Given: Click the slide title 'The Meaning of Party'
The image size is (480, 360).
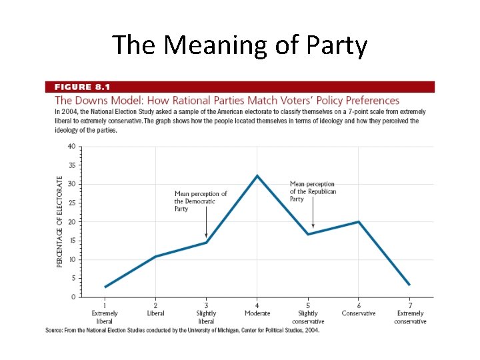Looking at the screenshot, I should pos(240,45).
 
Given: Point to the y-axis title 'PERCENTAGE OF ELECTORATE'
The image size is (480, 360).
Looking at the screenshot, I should pos(60,222).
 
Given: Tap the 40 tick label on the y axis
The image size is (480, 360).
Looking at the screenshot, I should pos(71,146).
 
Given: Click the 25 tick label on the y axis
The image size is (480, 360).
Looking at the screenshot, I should pos(71,203).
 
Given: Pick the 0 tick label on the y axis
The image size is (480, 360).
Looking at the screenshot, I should pos(72,297).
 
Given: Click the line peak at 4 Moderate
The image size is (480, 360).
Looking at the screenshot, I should pos(257,176).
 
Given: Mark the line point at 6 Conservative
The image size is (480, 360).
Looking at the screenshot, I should pos(359,222).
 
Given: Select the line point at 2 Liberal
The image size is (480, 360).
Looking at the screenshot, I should pos(155,257).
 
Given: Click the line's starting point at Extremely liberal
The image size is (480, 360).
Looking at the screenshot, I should pos(105,287).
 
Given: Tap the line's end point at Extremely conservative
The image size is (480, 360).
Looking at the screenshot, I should pos(409,285).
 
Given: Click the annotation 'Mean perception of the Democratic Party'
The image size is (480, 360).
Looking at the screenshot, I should pos(200,201).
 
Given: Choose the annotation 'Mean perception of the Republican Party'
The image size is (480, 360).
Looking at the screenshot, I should pos(313,191).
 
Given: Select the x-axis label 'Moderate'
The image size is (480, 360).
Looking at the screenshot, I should pos(257,313).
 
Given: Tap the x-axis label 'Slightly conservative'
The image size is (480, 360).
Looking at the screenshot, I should pos(308,317).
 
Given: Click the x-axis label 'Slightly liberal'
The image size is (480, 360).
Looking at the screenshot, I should pos(206,317).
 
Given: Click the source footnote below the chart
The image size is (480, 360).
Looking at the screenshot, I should pos(181,329).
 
